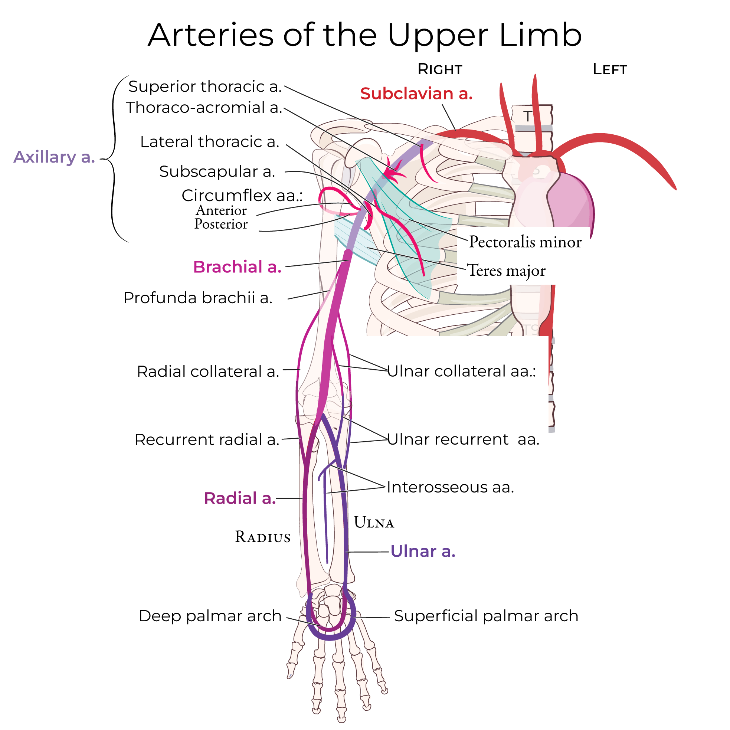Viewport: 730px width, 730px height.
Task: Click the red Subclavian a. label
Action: click(416, 93)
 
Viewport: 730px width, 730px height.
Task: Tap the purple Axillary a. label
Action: click(54, 157)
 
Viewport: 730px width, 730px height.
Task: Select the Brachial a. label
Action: click(237, 267)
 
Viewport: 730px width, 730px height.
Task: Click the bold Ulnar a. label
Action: click(423, 551)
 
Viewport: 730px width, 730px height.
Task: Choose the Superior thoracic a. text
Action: click(205, 86)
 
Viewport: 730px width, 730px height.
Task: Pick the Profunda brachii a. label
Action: click(197, 298)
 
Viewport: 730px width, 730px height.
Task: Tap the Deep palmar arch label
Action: click(210, 616)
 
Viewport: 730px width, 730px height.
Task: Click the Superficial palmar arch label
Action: click(486, 616)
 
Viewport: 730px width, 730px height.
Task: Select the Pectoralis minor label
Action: click(525, 242)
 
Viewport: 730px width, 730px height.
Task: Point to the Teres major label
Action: click(506, 271)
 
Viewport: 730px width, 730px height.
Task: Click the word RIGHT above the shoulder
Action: click(440, 69)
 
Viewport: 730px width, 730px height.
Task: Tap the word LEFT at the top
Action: click(610, 69)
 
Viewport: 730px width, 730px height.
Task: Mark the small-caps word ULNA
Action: click(374, 523)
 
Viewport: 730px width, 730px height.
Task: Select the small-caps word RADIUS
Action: click(263, 537)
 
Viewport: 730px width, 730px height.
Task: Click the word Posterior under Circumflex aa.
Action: click(221, 224)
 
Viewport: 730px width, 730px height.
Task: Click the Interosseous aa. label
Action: click(451, 487)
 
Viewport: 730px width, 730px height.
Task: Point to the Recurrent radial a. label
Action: click(207, 439)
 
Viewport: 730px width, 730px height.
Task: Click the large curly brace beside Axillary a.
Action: click(113, 159)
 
